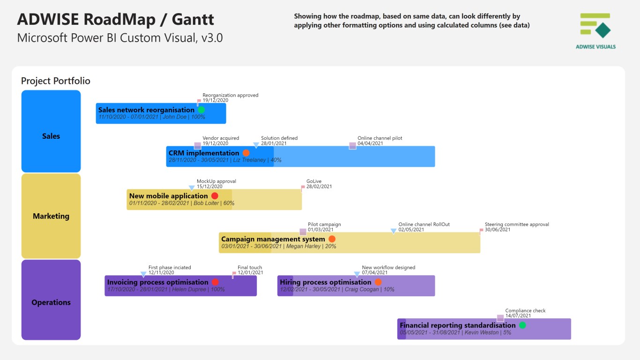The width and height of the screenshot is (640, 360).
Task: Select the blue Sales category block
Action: coord(51,131)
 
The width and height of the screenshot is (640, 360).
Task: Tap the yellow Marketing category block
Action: coord(51,216)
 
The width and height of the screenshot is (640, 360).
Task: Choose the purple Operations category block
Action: coord(51,300)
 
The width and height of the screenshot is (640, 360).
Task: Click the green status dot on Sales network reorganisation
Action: coord(201,110)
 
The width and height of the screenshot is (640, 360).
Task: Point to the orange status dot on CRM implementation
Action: coord(246,153)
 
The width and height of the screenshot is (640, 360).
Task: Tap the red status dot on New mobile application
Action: coord(215,196)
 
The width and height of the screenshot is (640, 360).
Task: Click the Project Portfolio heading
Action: coord(56,81)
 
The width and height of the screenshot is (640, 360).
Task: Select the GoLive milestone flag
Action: coord(303,188)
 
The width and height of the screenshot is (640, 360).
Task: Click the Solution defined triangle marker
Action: coord(256,145)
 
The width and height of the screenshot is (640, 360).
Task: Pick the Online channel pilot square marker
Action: coord(352,146)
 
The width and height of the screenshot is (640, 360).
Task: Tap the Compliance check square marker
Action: coord(500,318)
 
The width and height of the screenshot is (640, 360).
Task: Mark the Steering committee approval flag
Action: coord(481,231)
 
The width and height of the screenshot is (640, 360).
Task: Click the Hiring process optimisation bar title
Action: coord(325,282)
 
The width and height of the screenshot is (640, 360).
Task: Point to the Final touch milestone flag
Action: coord(234,274)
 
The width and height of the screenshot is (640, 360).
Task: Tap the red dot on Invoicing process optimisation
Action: coord(215,282)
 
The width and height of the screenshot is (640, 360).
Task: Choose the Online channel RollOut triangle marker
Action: coord(394,231)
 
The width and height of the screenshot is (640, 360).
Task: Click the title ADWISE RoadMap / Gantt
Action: coord(115,20)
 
